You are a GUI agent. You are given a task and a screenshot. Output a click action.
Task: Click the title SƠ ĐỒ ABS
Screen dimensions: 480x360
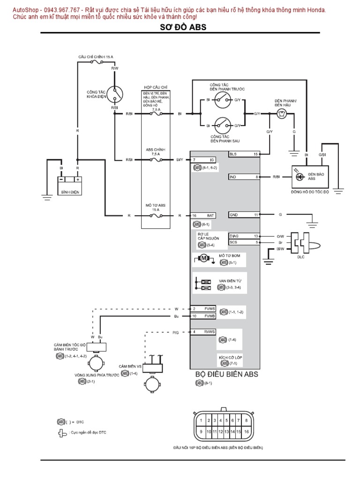click(180, 27)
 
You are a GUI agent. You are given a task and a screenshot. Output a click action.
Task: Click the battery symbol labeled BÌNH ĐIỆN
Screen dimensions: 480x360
click(69, 180)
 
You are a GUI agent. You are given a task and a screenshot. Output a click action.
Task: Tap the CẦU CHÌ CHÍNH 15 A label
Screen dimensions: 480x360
click(96, 56)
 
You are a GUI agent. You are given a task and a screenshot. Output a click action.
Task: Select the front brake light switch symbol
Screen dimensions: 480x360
click(221, 100)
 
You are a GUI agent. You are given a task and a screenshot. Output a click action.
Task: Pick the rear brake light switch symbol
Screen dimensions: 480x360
click(221, 125)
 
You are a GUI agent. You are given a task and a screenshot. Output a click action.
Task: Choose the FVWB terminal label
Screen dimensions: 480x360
click(209, 316)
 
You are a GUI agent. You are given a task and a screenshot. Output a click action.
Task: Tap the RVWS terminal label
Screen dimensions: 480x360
click(209, 332)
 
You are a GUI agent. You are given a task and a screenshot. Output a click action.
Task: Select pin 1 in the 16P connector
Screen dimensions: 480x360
click(202, 420)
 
